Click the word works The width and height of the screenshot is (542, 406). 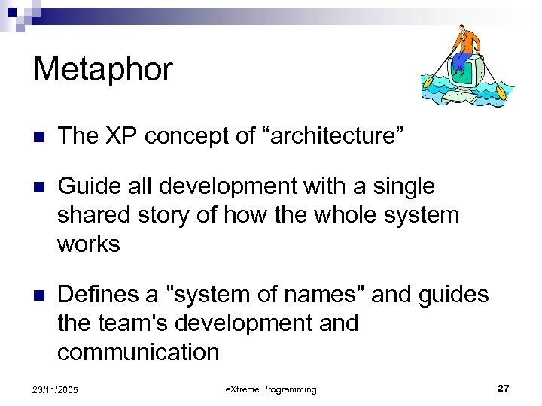tap(89, 244)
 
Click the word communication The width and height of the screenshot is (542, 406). tap(139, 352)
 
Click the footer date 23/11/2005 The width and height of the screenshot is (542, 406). tap(56, 389)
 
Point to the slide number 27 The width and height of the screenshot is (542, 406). tap(503, 388)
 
